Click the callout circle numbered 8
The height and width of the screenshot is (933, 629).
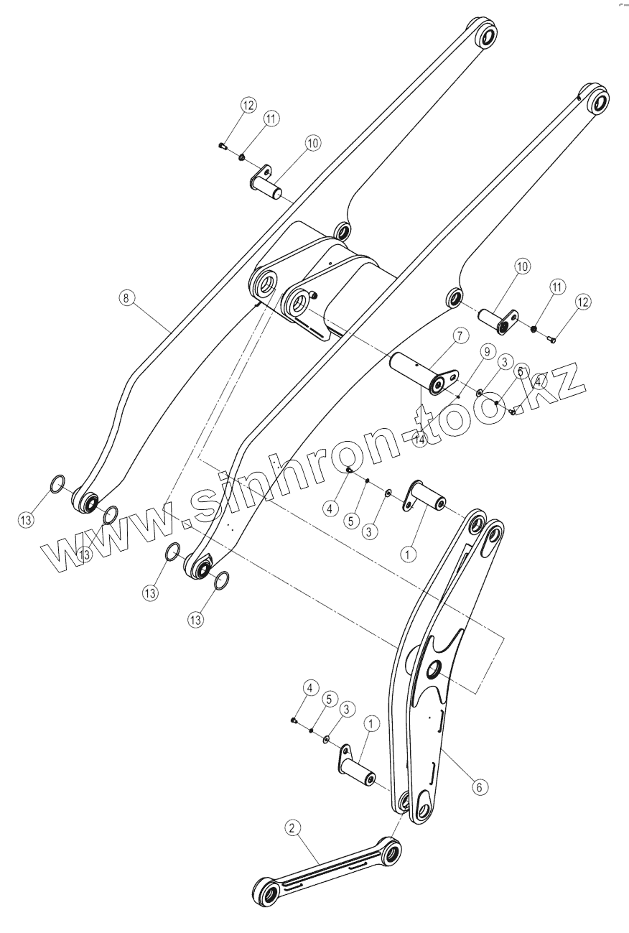126,297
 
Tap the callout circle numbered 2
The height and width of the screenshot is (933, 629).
292,828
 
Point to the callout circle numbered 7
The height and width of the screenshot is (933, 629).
460,335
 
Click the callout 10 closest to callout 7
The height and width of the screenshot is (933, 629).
521,266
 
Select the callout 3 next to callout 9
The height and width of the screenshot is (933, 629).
505,362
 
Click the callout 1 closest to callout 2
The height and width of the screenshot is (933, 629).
371,725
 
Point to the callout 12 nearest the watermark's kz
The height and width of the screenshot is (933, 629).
582,302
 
